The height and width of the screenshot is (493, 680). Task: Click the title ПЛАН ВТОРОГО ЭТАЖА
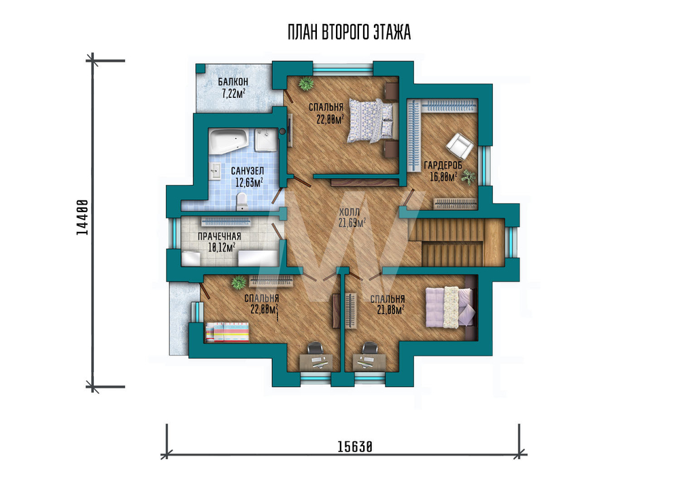349,33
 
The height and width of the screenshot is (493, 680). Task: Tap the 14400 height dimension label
82,217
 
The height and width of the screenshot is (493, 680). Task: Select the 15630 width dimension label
355,447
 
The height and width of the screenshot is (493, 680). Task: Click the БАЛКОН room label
233,82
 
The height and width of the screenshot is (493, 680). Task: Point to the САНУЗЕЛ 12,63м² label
248,177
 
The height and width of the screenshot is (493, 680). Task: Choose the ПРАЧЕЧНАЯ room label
220,237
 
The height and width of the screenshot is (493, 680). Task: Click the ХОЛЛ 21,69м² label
352,218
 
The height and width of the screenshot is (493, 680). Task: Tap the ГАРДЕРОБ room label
443,165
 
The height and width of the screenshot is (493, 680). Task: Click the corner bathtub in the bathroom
228,139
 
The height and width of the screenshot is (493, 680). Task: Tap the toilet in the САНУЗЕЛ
241,201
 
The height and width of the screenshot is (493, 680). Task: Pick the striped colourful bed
227,332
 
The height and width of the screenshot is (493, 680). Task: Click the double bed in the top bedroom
371,120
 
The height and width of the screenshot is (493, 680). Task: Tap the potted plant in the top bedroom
306,83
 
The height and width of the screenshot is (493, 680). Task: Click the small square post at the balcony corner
201,69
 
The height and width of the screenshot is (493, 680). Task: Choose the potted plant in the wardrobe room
469,177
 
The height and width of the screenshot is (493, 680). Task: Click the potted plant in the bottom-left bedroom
239,283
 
